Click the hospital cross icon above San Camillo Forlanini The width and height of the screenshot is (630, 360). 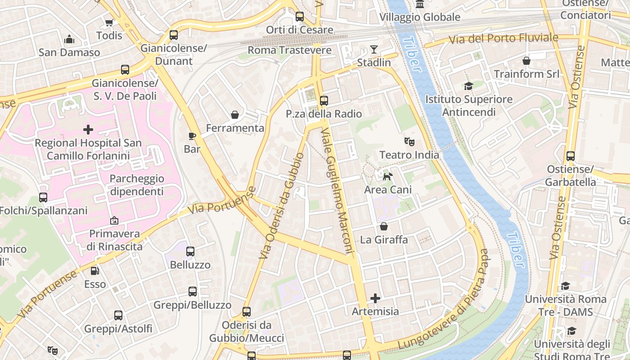pyautogui.click(x=88, y=130)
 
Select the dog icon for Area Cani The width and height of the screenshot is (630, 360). pyautogui.click(x=387, y=176)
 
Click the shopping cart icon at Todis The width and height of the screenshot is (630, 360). pyautogui.click(x=109, y=22)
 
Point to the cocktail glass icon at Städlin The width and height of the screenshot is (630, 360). pyautogui.click(x=374, y=49)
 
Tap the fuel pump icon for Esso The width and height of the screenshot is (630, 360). pyautogui.click(x=95, y=271)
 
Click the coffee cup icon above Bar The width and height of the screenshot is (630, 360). pyautogui.click(x=192, y=136)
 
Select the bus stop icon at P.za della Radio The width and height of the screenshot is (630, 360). pyautogui.click(x=324, y=101)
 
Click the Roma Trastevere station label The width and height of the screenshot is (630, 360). pyautogui.click(x=289, y=50)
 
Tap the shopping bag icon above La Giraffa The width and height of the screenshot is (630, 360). pyautogui.click(x=383, y=226)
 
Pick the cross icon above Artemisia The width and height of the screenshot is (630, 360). pyautogui.click(x=375, y=298)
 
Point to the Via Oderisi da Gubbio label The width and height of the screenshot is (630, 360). pyautogui.click(x=282, y=205)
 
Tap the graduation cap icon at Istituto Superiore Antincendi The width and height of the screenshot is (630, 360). pyautogui.click(x=469, y=86)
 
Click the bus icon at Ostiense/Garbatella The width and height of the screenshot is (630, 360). pyautogui.click(x=570, y=156)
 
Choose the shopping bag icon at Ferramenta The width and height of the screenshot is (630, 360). pyautogui.click(x=234, y=115)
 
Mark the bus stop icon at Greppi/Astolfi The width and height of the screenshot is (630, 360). pyautogui.click(x=118, y=315)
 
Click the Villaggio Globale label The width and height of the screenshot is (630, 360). pyautogui.click(x=419, y=17)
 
